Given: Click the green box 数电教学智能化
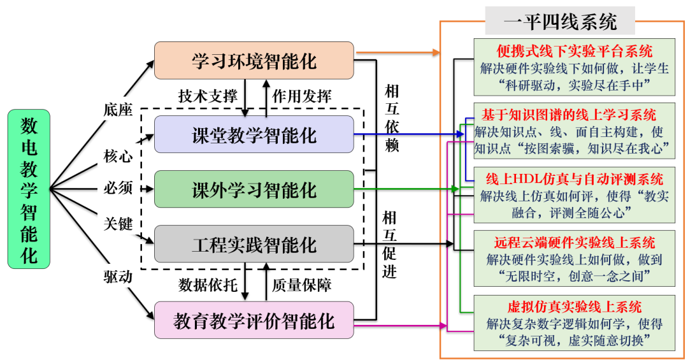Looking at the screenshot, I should [29, 189].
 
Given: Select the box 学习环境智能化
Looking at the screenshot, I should [254, 61].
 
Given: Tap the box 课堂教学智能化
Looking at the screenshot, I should [254, 134].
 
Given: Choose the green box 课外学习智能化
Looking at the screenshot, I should [254, 189].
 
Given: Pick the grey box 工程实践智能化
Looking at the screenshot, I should [254, 244].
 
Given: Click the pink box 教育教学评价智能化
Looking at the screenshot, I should [254, 320].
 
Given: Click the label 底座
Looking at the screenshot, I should [118, 110].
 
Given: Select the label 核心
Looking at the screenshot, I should [118, 155].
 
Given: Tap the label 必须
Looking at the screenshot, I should [118, 188].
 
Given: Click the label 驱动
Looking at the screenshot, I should [118, 277].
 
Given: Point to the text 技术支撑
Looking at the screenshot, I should [203, 96].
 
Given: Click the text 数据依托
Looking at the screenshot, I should [203, 284].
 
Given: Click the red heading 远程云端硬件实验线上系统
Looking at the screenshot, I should [575, 243].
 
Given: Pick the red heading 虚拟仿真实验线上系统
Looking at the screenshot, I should [575, 308].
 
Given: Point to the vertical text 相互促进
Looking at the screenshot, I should [390, 245].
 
